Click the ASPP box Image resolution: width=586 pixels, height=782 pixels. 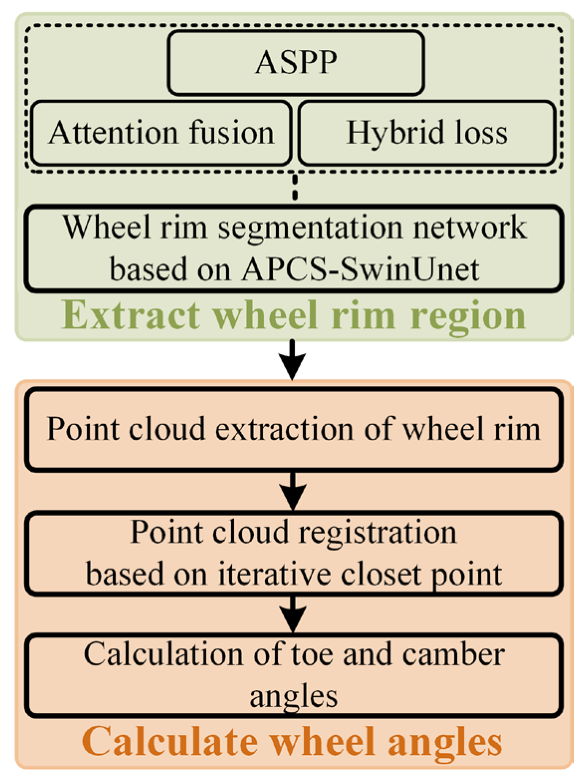tap(296, 63)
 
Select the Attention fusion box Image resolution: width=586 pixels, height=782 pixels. tap(161, 133)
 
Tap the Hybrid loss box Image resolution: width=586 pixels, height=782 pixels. tap(427, 133)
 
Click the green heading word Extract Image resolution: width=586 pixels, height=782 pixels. tap(130, 315)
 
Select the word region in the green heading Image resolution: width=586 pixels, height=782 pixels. tap(468, 317)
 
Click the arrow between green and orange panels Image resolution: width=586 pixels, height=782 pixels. tap(293, 359)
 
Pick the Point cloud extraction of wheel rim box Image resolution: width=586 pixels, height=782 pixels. tap(293, 430)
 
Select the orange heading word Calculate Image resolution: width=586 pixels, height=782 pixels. tap(170, 742)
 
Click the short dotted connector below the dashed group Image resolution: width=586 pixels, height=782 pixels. tap(295, 187)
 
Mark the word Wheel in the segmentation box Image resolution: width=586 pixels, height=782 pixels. tap(106, 227)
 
